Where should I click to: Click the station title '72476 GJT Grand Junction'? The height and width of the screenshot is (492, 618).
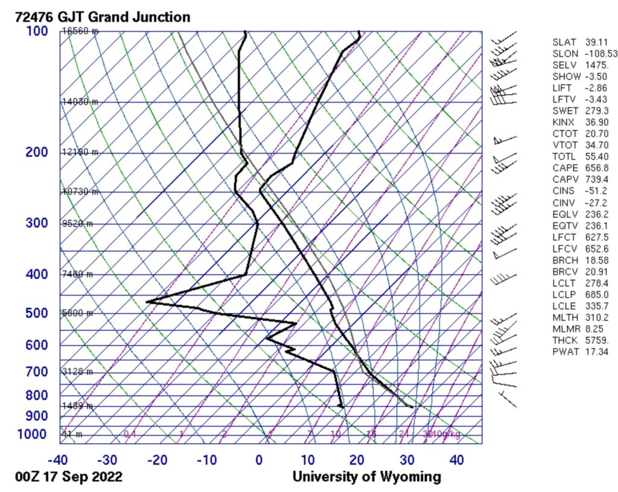103,17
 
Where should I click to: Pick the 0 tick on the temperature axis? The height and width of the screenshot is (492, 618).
259,459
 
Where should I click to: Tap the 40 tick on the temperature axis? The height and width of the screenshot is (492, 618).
456,459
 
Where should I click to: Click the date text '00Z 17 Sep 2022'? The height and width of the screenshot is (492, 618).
69,477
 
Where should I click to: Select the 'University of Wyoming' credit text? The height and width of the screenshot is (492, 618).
367,477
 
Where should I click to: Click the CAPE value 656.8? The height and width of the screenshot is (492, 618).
597,168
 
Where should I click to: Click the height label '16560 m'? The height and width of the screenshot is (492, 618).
79,31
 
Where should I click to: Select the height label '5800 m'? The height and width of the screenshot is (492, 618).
77,313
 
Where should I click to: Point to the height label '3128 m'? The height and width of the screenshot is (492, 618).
77,371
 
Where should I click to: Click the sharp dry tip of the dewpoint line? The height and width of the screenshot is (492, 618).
147,301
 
